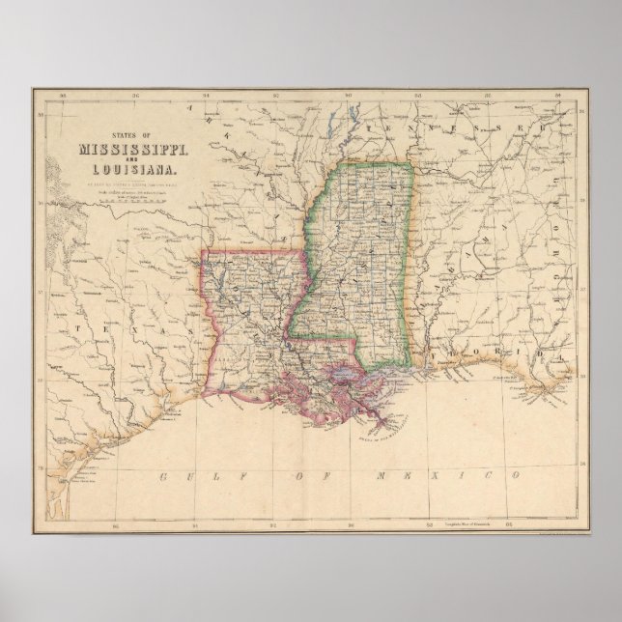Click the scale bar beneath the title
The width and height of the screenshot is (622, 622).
click(x=133, y=201)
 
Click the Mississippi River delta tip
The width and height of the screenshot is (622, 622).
click(x=390, y=419)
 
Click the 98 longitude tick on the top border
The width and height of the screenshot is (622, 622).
click(x=62, y=95)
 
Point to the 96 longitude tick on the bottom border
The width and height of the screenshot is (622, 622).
click(x=115, y=526)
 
